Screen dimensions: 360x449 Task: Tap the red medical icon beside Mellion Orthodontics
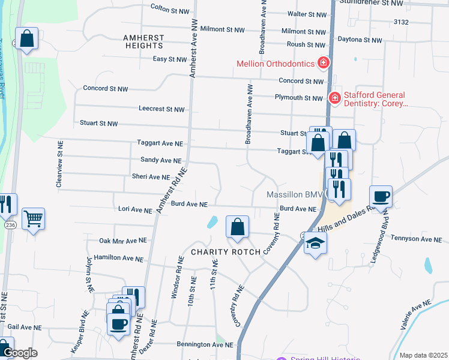[324, 62]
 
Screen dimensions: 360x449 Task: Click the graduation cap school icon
[315, 243]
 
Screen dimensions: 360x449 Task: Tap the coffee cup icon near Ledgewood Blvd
[381, 196]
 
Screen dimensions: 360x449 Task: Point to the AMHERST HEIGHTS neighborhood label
[143, 41]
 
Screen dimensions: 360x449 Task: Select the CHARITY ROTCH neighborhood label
[226, 252]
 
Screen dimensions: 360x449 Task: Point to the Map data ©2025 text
[423, 355]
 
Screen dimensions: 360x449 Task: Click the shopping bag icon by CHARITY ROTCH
[238, 227]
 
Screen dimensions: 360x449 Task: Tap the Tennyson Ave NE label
[420, 239]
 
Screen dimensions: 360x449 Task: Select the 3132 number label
[401, 22]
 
